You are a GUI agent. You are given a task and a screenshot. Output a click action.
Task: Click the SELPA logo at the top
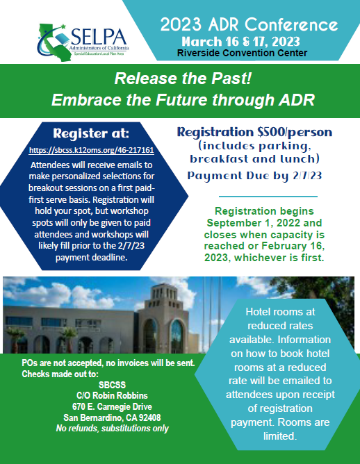click(83, 42)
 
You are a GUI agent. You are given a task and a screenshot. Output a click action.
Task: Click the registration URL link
click(92, 150)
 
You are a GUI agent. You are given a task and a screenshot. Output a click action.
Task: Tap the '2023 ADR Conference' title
click(249, 24)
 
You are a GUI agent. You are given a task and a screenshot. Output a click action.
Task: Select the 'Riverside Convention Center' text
click(242, 53)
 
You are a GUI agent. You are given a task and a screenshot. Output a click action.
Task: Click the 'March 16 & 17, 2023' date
click(240, 42)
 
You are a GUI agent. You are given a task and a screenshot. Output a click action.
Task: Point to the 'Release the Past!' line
click(183, 78)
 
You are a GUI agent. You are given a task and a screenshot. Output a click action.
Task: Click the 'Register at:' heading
click(91, 134)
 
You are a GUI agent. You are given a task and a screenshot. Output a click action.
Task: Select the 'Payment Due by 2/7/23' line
click(254, 176)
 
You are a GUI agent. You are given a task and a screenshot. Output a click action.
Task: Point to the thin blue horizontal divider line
click(268, 196)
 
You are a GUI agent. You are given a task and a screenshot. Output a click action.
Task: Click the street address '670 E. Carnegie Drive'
click(112, 406)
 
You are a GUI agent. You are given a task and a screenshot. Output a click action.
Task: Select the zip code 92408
click(150, 417)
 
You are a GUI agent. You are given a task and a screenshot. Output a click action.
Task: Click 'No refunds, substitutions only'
click(112, 428)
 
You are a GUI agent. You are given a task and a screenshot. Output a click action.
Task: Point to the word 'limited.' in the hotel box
click(280, 436)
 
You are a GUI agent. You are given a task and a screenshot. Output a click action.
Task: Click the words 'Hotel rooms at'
click(280, 312)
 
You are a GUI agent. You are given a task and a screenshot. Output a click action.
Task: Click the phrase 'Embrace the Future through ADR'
click(183, 100)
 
